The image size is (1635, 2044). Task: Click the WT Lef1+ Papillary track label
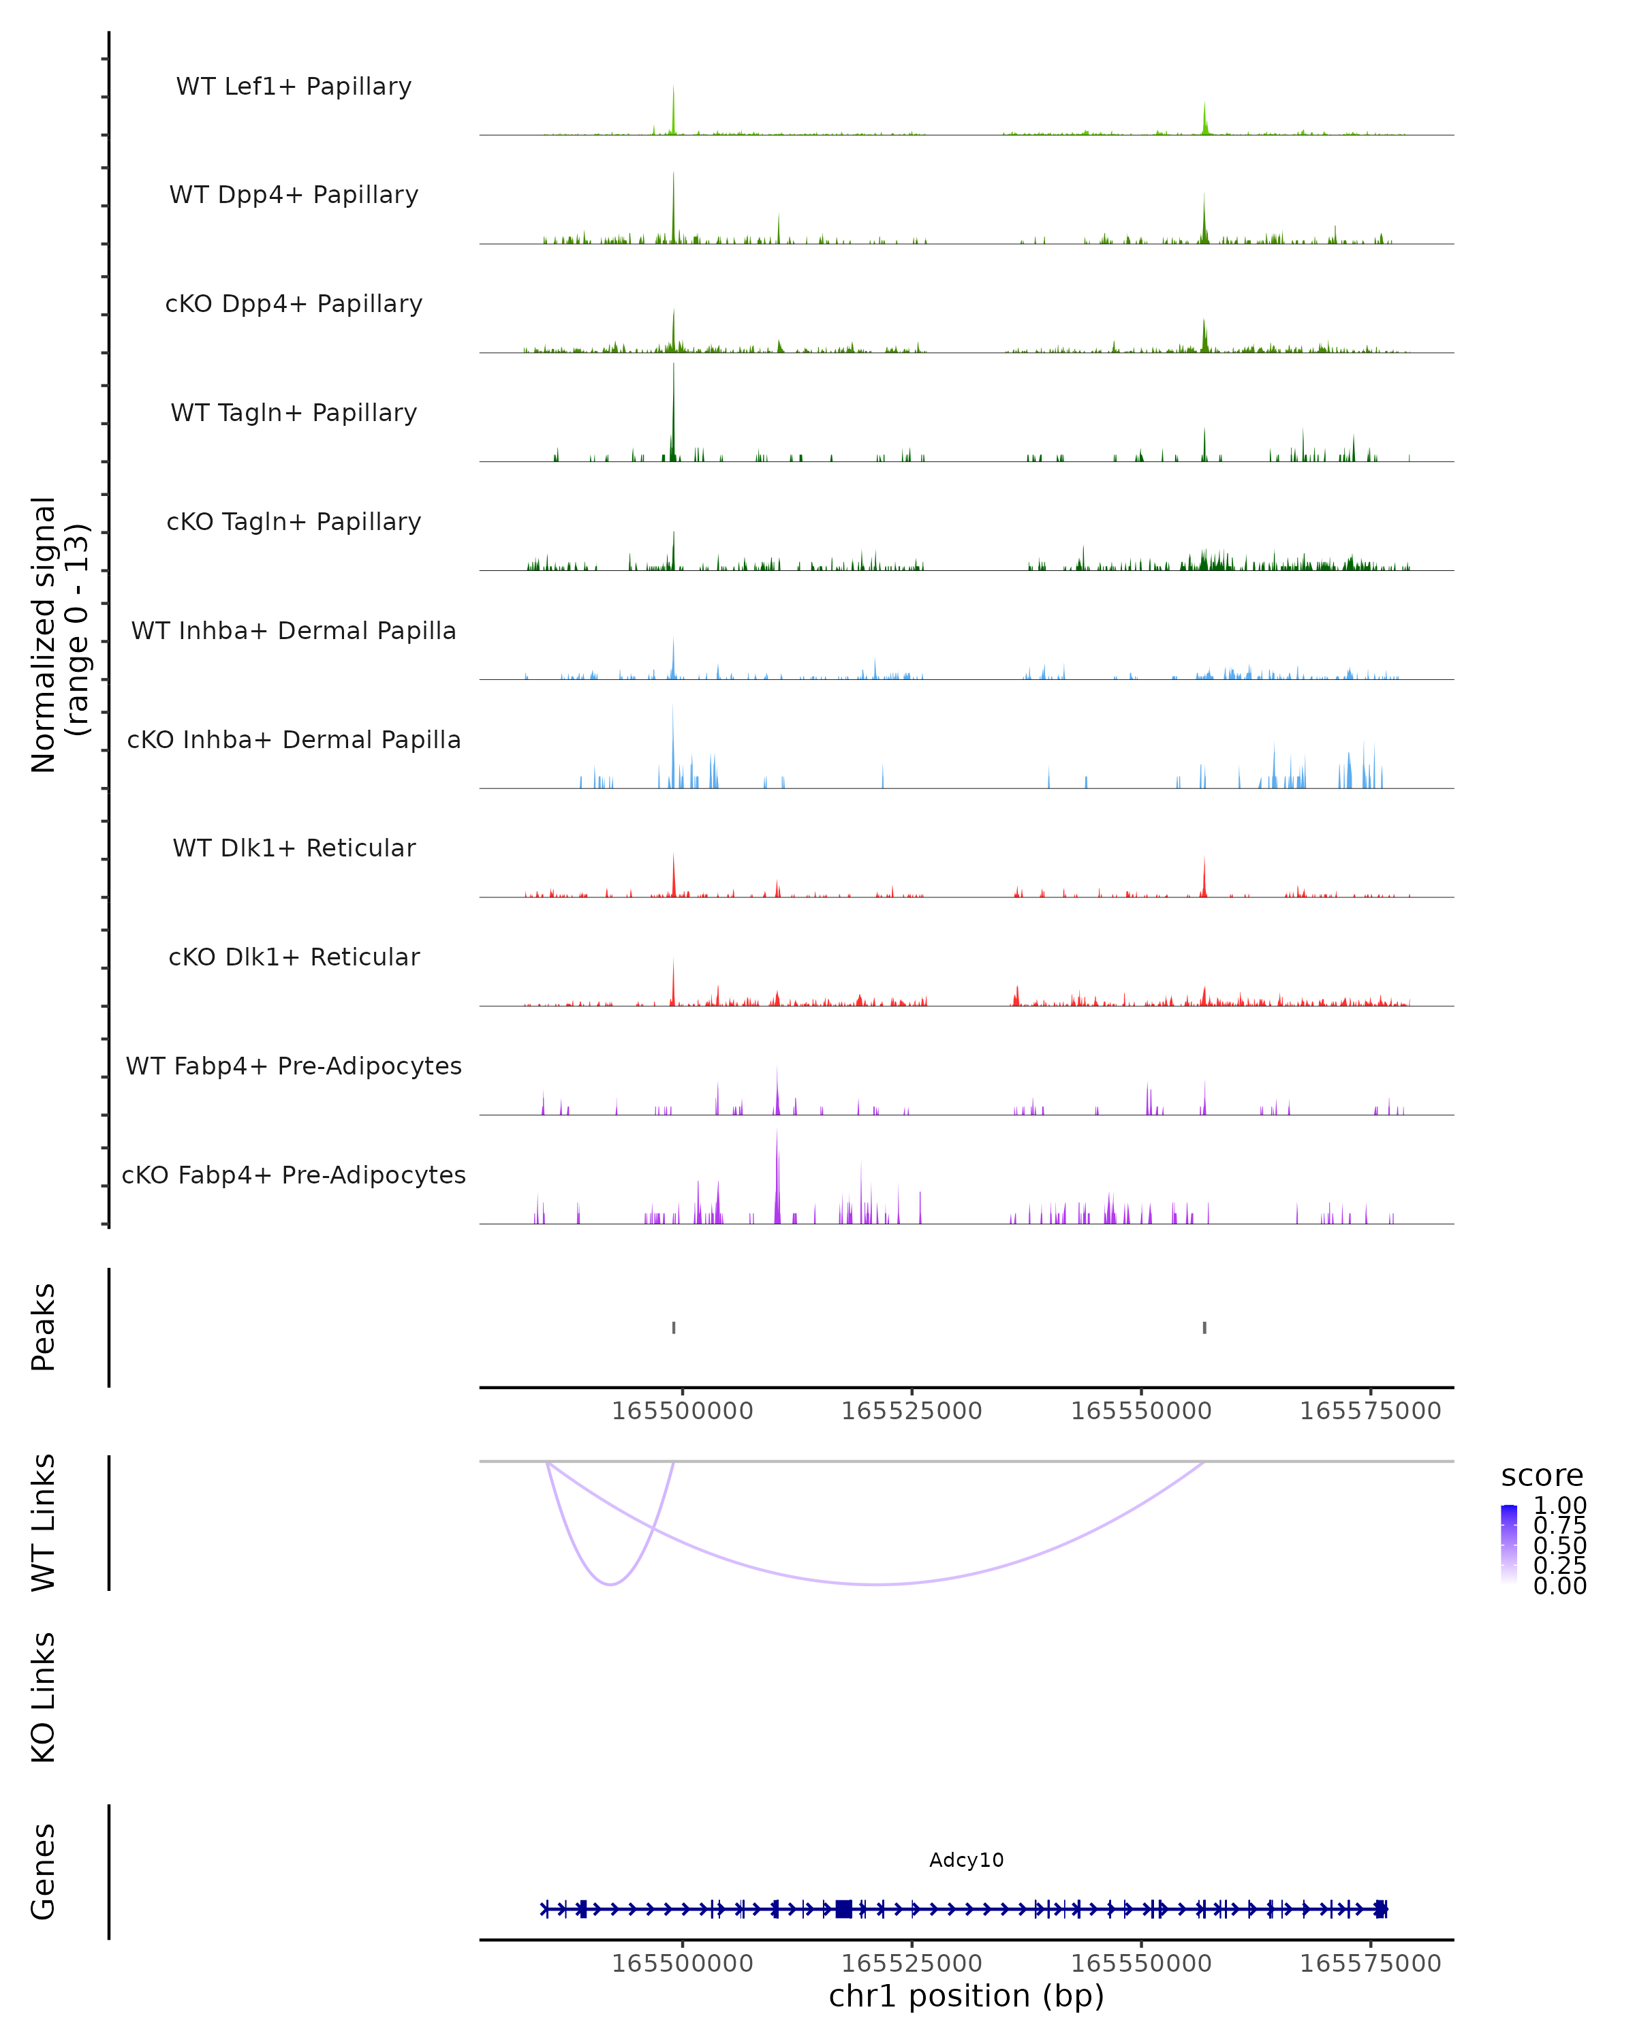[x=294, y=87]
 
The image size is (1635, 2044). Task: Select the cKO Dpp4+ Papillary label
[x=294, y=303]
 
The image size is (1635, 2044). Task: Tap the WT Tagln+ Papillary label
[x=294, y=412]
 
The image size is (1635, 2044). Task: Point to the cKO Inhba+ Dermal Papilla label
[x=294, y=739]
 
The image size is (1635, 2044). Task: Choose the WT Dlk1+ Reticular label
[x=294, y=848]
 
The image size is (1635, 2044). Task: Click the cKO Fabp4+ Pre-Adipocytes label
[x=294, y=1175]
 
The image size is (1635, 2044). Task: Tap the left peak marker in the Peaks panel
[x=674, y=1327]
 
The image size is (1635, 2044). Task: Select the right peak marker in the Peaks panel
[x=1204, y=1327]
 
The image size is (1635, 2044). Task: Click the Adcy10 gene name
[x=966, y=1860]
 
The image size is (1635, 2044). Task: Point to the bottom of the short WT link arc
[x=611, y=1584]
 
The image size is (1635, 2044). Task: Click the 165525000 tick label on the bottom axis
[x=912, y=1964]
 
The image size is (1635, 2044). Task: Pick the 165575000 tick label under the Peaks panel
[x=1371, y=1411]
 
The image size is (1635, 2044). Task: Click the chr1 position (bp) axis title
[x=966, y=1996]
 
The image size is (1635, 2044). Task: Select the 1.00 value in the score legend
[x=1560, y=1506]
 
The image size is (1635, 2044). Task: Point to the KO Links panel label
[x=44, y=1698]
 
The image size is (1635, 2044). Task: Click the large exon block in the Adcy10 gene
[x=843, y=1908]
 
